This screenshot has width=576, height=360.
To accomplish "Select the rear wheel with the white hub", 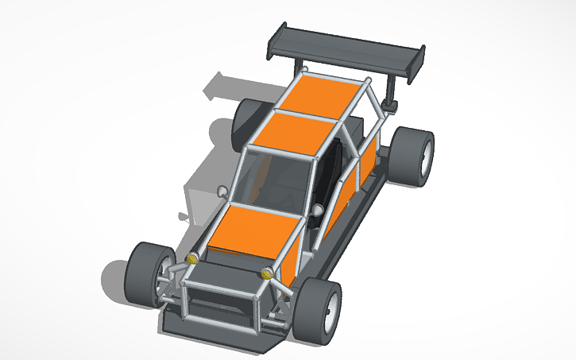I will [413, 156].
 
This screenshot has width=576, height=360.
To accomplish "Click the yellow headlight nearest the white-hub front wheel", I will [267, 274].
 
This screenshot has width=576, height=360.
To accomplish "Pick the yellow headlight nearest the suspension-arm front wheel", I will [191, 258].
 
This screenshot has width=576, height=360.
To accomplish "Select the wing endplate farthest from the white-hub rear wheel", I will [275, 40].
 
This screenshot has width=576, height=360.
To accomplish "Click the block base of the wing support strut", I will [391, 103].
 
